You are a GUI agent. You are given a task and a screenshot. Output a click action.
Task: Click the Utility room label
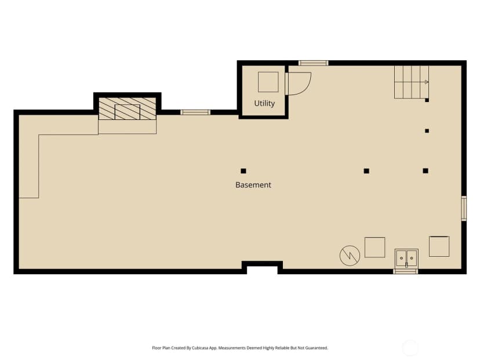[x=264, y=103]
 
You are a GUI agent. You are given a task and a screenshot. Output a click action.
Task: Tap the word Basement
[x=253, y=185]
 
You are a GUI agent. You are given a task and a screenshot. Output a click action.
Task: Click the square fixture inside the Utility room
[x=268, y=82]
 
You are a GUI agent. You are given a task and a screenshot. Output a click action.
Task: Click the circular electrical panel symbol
[x=350, y=256]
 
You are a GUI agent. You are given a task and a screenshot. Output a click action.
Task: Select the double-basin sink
[x=406, y=258]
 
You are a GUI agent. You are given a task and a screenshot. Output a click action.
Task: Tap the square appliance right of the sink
[x=439, y=246]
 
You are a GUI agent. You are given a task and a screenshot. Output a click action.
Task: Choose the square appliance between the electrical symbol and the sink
[x=374, y=247]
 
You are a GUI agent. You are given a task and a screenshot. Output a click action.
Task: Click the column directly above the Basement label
[x=243, y=171]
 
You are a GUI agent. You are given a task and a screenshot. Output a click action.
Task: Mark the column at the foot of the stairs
[x=427, y=100]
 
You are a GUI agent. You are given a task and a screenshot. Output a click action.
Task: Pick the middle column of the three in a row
[x=366, y=171]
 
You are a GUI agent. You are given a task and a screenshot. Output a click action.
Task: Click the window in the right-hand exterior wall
[x=464, y=208]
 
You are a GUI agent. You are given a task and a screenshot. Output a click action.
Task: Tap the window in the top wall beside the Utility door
[x=313, y=63]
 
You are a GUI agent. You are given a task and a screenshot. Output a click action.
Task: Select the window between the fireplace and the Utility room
[x=195, y=112]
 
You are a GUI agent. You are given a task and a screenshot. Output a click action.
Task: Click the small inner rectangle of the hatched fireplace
[x=128, y=112]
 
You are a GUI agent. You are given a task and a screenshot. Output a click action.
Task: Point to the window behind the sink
[x=406, y=271]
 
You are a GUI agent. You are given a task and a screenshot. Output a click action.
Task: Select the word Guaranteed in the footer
[x=318, y=348]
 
